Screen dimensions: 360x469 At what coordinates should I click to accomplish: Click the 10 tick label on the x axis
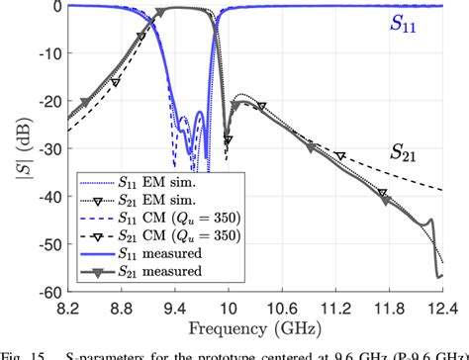[228, 310]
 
